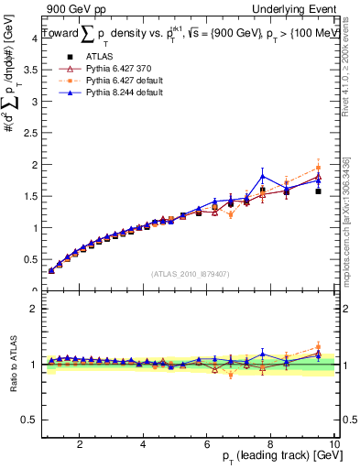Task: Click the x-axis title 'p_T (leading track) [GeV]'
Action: tap(274, 457)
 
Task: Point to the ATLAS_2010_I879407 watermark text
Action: tap(191, 273)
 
